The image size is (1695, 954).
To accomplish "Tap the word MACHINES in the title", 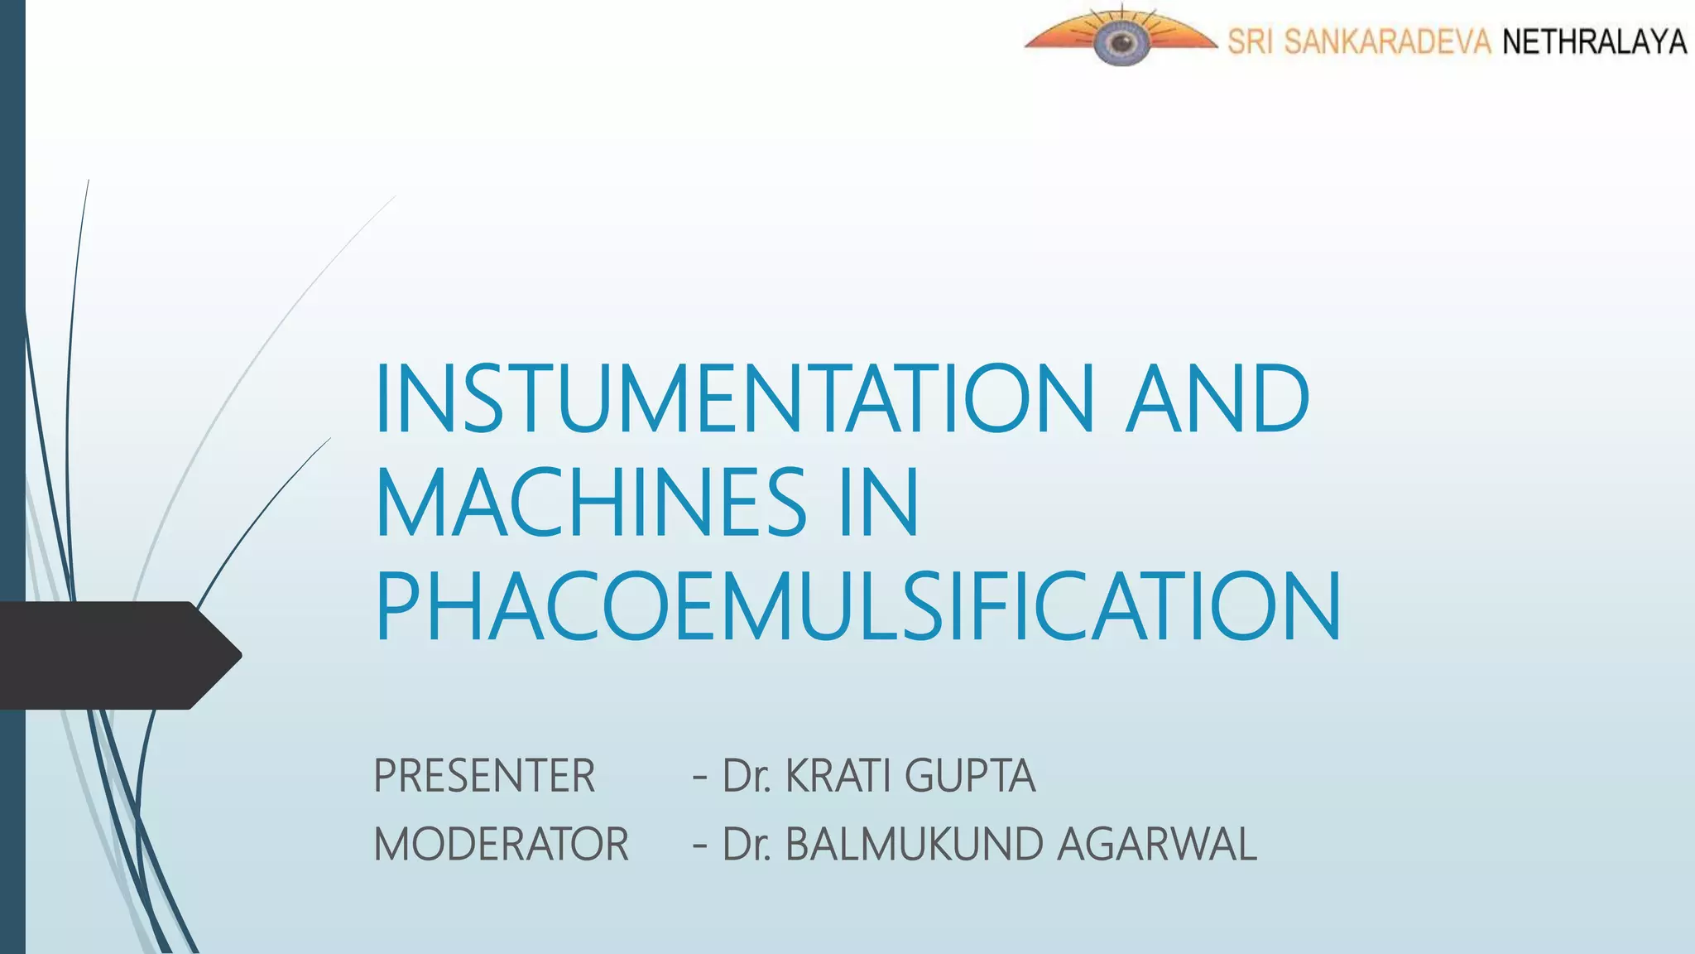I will click(590, 503).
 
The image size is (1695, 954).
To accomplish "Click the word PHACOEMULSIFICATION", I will click(857, 607).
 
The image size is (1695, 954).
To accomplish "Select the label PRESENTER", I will click(484, 776).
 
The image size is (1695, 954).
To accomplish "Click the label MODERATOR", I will click(501, 845).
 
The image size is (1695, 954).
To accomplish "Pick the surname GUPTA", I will click(969, 776).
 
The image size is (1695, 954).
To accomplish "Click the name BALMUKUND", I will click(913, 845).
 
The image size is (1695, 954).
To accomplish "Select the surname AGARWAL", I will click(1156, 845).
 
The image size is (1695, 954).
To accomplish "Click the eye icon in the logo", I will click(1120, 41).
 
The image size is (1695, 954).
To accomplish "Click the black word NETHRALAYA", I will click(1594, 41).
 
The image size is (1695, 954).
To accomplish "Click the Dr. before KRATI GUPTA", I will click(747, 776).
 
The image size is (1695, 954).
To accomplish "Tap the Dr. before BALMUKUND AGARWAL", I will click(747, 845).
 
